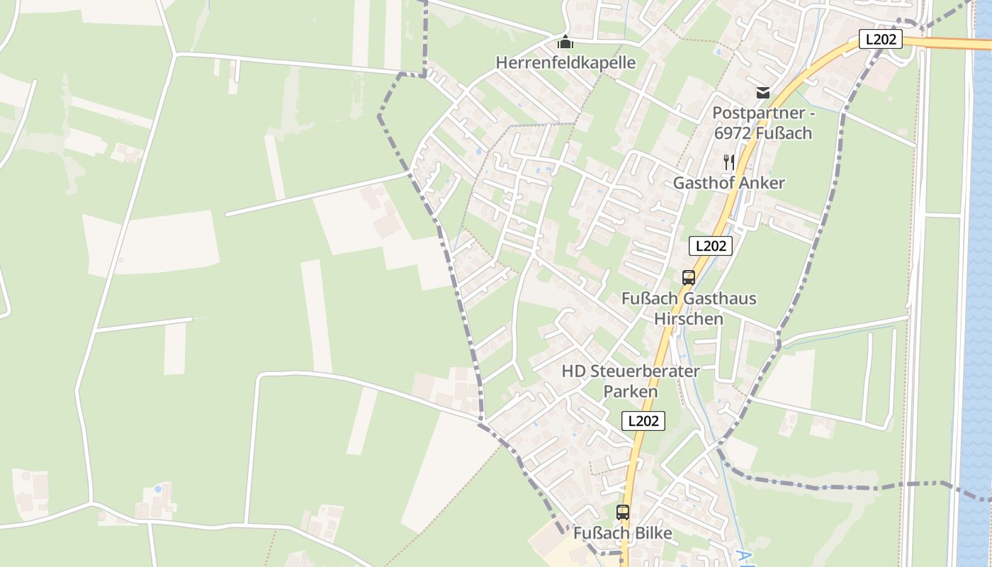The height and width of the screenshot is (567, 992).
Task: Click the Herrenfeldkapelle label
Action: coord(565,62)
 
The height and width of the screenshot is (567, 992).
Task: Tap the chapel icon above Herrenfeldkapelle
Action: coord(565,42)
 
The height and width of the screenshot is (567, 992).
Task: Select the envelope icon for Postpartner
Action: coord(762,92)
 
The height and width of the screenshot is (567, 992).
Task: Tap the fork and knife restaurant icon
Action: coord(729,162)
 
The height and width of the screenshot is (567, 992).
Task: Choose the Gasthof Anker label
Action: coord(728,183)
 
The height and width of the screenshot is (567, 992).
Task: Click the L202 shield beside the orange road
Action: coord(880,39)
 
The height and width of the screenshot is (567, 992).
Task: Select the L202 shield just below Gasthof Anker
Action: coord(710,246)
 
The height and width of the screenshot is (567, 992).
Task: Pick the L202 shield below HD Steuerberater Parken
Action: coord(643,420)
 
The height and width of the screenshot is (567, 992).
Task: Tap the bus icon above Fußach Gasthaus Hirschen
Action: coord(688,278)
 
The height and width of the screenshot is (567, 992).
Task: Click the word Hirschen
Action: coord(688,319)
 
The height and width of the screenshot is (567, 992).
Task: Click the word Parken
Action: coord(630,391)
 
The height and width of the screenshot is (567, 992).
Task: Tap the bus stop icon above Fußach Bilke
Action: coord(622,512)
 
